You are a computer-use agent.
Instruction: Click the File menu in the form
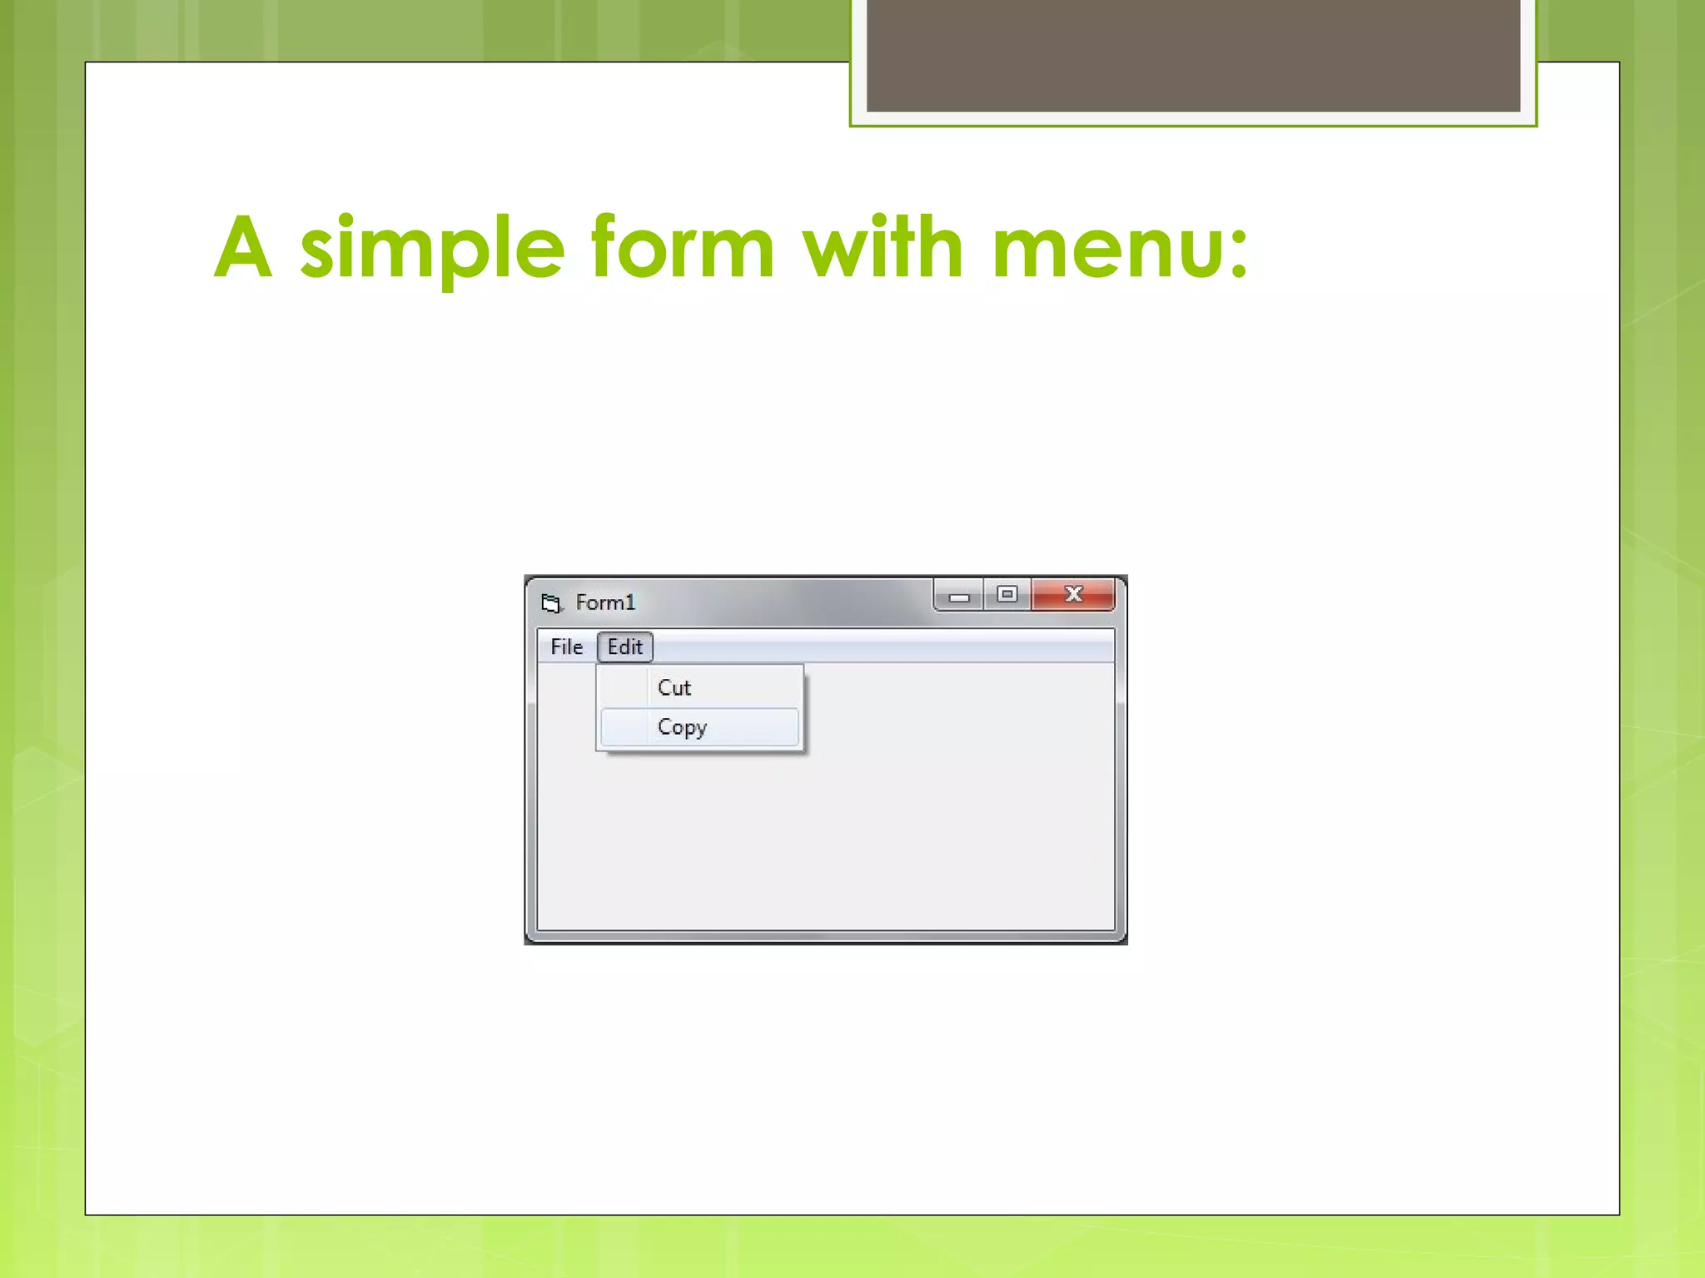point(566,646)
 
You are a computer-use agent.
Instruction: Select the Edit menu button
point(624,646)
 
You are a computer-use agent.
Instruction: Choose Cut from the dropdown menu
point(674,687)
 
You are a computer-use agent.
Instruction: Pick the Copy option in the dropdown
point(682,727)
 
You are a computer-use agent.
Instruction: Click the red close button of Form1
point(1073,594)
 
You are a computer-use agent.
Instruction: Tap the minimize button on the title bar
point(959,596)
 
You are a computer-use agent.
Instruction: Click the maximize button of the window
point(1007,594)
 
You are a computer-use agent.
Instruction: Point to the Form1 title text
point(604,602)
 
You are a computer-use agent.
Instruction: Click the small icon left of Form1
point(551,602)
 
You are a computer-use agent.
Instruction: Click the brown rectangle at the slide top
point(1193,55)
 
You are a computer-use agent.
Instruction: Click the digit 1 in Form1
point(630,602)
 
